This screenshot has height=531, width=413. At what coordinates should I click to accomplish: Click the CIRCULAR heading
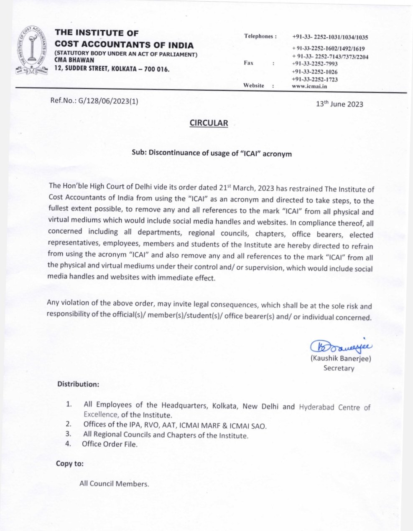click(x=209, y=123)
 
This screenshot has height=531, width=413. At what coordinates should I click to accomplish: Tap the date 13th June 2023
click(x=339, y=104)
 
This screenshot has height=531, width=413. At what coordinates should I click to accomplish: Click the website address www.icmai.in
click(x=310, y=86)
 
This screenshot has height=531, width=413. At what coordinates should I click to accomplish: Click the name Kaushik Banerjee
click(x=341, y=359)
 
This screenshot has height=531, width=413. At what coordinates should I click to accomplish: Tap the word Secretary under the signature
click(x=339, y=368)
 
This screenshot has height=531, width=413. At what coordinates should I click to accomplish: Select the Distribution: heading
click(x=78, y=384)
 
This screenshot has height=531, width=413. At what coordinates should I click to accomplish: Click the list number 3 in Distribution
click(x=69, y=435)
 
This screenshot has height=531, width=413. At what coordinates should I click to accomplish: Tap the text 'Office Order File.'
click(x=110, y=444)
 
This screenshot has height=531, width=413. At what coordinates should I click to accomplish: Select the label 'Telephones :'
click(x=260, y=36)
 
